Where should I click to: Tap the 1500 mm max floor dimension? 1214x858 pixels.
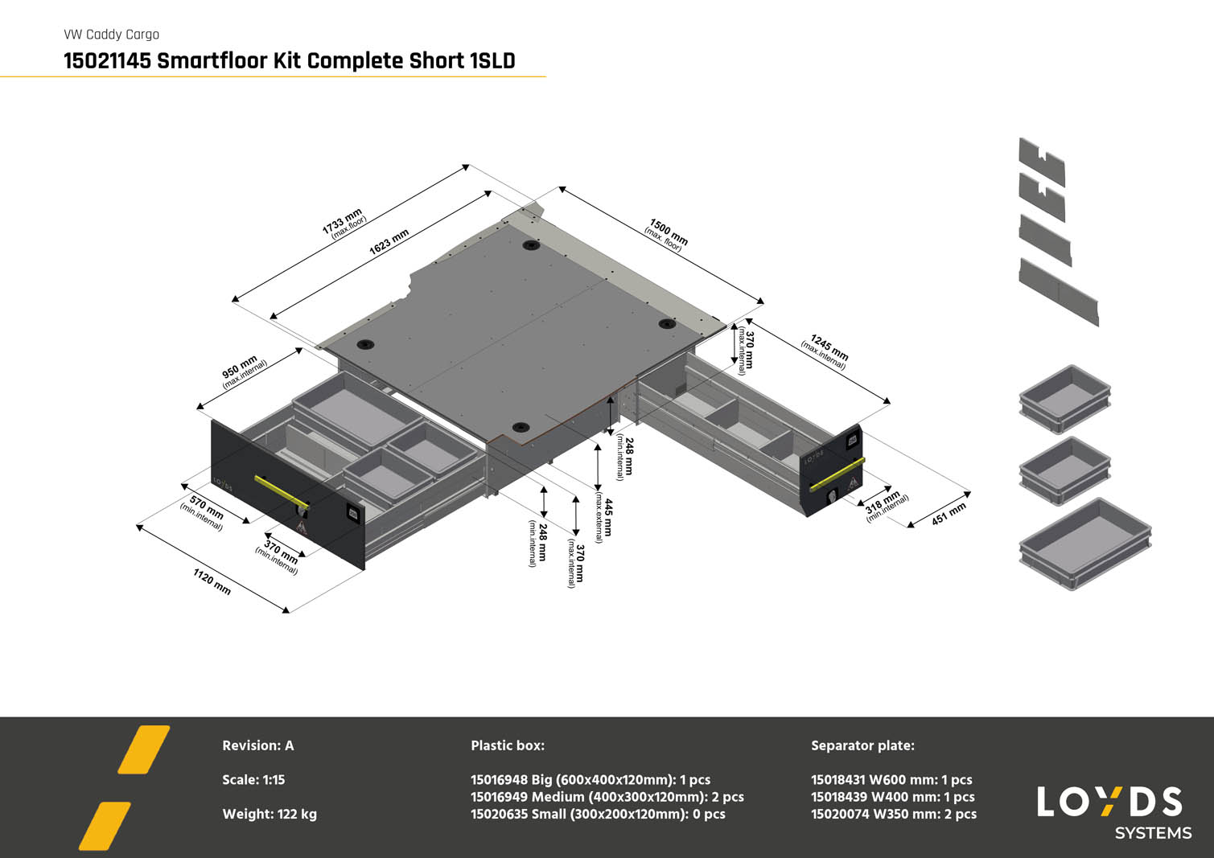click(667, 234)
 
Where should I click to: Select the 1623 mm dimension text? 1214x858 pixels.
click(389, 241)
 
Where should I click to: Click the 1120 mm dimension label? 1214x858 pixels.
click(212, 581)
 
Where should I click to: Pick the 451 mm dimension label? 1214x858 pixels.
click(949, 515)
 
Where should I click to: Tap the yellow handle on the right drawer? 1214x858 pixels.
click(837, 474)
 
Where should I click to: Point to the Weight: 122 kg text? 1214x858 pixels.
click(270, 814)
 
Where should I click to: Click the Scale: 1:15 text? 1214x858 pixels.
click(253, 779)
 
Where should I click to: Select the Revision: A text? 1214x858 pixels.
click(258, 745)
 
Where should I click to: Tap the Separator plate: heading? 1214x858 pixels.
click(862, 745)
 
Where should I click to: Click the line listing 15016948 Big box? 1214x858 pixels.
click(590, 779)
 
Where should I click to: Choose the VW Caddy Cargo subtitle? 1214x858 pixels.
click(111, 35)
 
